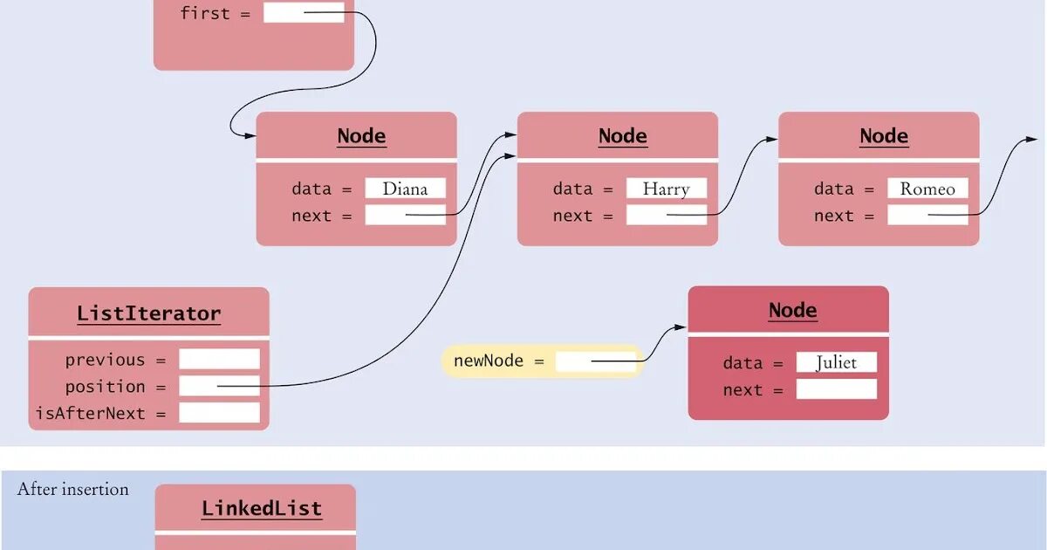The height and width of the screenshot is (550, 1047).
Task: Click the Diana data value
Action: tap(405, 189)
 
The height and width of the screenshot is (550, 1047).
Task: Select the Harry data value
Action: tap(666, 189)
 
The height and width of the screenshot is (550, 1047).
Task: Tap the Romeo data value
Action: tap(927, 189)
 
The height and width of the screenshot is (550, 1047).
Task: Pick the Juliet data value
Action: tap(836, 362)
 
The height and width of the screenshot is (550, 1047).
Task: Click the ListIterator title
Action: tap(148, 313)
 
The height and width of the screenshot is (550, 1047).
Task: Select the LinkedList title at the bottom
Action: tap(262, 509)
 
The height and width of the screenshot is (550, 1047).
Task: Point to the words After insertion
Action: tap(73, 490)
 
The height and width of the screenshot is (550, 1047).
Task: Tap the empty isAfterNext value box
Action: tap(219, 413)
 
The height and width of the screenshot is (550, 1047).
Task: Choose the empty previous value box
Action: tap(219, 359)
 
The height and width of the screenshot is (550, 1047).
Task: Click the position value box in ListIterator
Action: tap(219, 386)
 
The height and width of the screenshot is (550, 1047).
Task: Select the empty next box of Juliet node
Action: tap(836, 389)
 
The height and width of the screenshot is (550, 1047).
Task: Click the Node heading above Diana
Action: tap(361, 136)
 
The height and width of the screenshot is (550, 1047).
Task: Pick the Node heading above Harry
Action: tap(622, 136)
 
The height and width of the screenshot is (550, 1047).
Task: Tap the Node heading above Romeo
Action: tap(884, 136)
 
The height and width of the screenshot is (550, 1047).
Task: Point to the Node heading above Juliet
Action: tap(792, 310)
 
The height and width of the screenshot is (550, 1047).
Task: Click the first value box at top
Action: tap(304, 13)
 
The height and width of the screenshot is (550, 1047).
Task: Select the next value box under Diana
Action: tap(405, 215)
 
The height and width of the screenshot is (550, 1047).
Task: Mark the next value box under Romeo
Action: tap(927, 215)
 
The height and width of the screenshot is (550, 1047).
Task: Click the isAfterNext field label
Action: tap(101, 413)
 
